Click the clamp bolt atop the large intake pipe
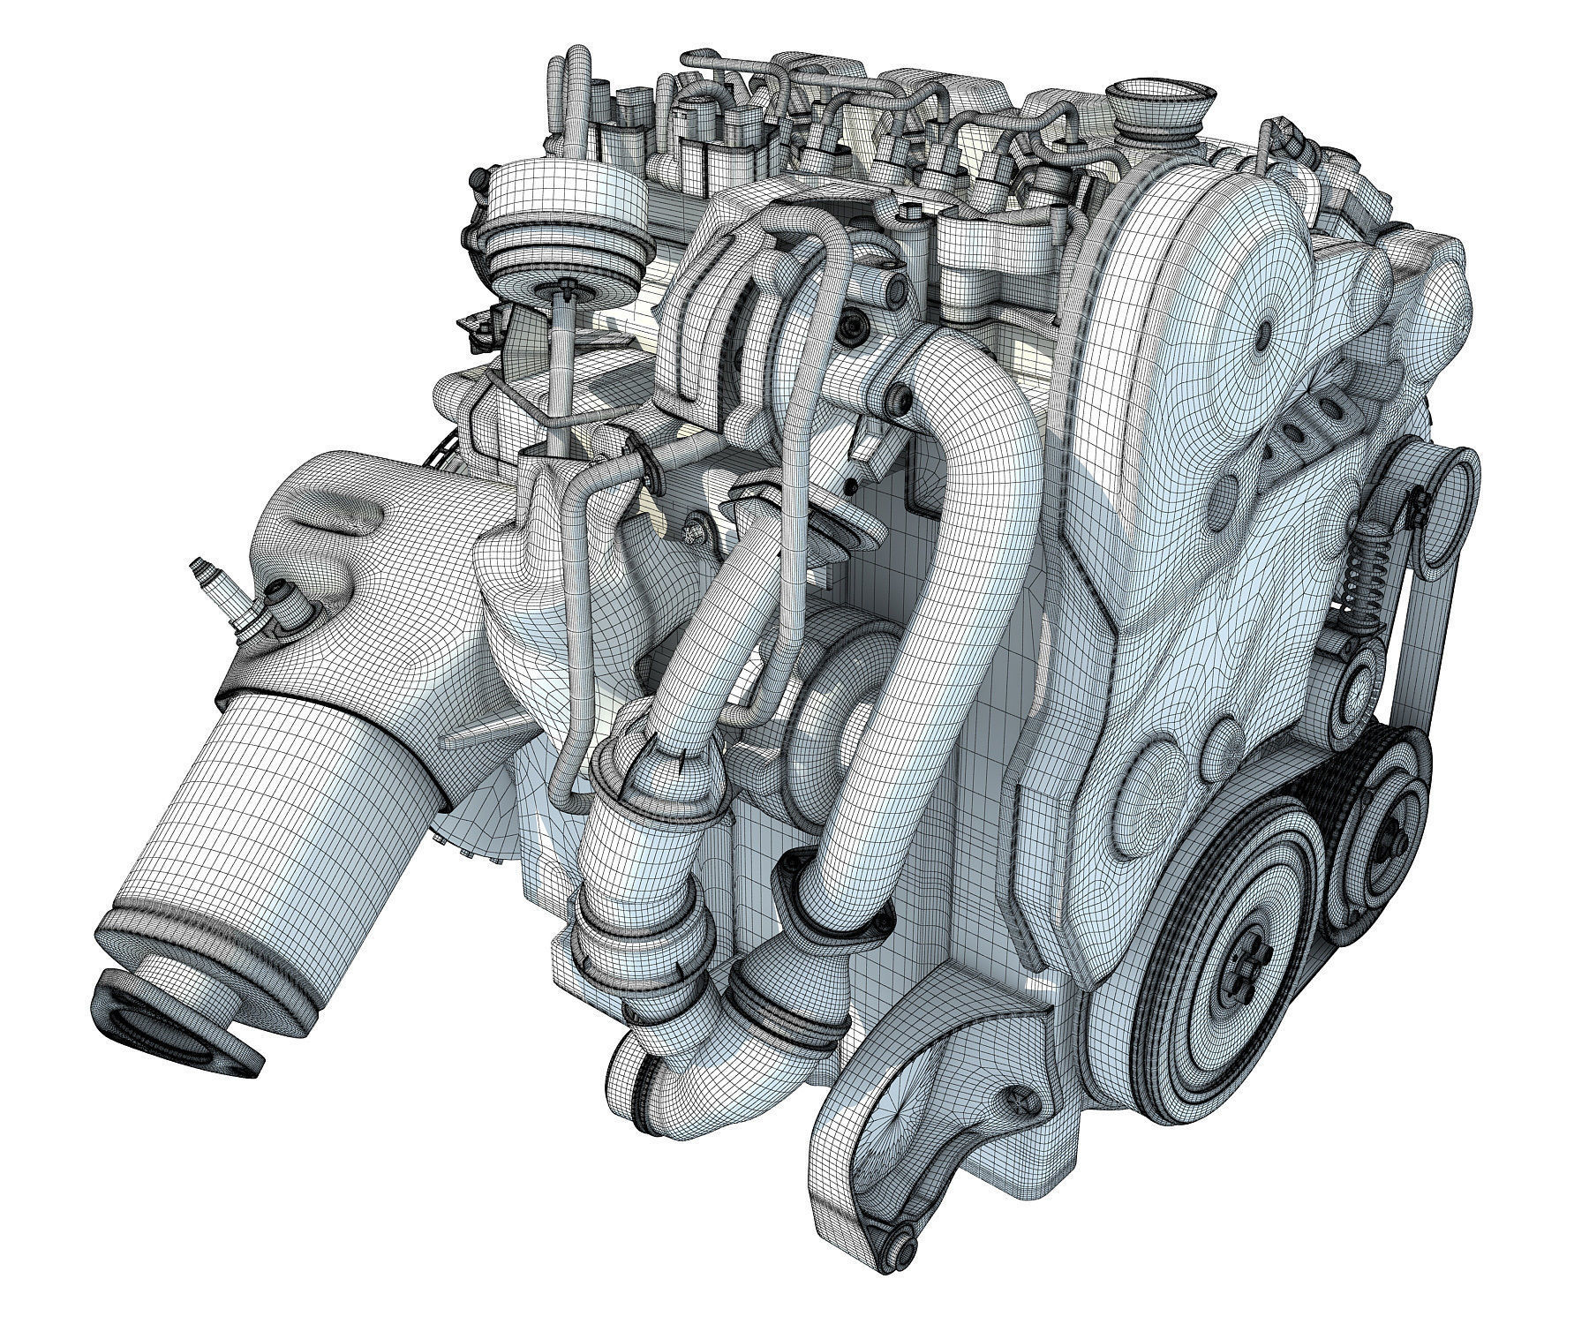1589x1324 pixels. click(x=901, y=402)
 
